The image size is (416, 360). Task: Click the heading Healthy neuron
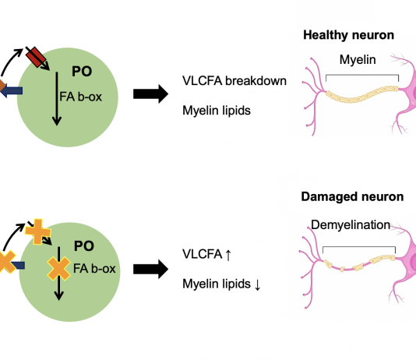pos(348,35)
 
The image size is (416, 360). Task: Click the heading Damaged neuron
pos(352,197)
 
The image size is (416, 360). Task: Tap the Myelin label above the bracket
pos(358,60)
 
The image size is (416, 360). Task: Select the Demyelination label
pos(351,225)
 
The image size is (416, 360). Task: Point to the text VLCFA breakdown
pos(234,81)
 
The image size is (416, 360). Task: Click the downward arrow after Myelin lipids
pos(257,285)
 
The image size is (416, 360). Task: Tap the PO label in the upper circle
pos(82,72)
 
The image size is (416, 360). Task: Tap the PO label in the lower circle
pos(84,246)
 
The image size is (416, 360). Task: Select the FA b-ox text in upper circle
pos(81,97)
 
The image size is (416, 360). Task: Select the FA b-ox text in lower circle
pos(94,269)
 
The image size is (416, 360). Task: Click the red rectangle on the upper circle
pos(36,57)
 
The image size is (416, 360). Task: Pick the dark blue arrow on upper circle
pos(11,90)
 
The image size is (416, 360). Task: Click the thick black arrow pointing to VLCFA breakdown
pos(150,94)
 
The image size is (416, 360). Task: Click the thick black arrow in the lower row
pos(150,269)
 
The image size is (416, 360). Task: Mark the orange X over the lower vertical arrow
pos(59,269)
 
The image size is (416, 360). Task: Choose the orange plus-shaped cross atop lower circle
pos(38,231)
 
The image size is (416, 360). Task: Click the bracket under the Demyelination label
pos(359,247)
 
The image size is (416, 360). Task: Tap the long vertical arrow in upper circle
pos(57,99)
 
